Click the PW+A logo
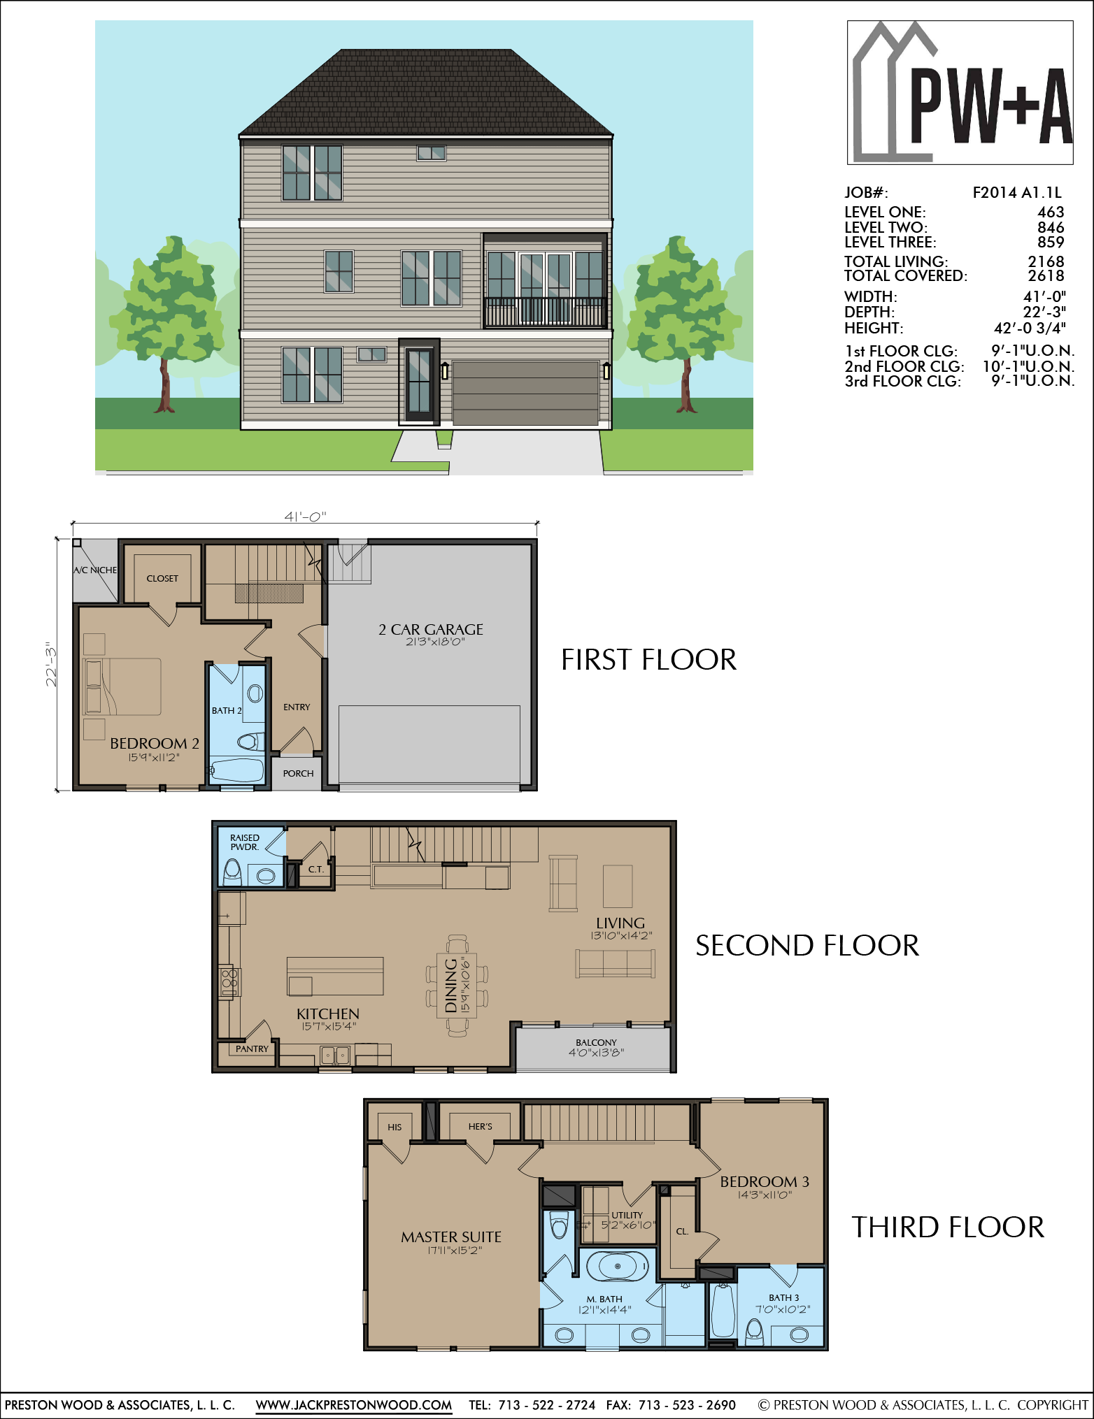tap(960, 92)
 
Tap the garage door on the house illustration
tap(525, 393)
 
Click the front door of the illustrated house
tap(419, 382)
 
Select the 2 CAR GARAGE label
tap(431, 629)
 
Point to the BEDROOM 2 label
tap(155, 743)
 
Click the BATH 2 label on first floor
tap(227, 710)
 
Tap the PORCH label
tap(298, 773)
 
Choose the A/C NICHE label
tap(95, 570)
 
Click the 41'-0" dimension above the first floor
tap(305, 517)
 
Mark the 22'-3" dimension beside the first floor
tap(51, 664)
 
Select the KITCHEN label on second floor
tap(327, 1014)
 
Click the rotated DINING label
tap(451, 985)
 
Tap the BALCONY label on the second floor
tap(596, 1042)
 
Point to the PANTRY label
tap(252, 1049)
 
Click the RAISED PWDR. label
tap(245, 842)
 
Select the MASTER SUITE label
tap(451, 1237)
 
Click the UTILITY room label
tap(627, 1215)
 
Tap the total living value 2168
tap(1046, 261)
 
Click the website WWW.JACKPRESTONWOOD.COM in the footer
tap(354, 1404)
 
